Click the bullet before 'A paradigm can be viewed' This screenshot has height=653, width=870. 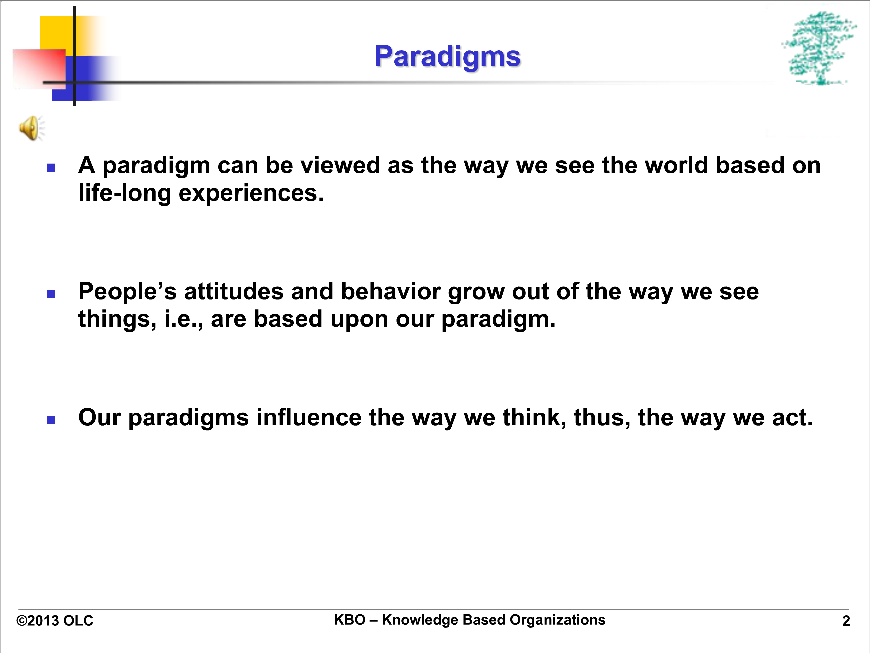point(51,168)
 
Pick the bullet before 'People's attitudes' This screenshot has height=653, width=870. point(51,294)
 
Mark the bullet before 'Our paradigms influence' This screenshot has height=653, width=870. point(51,420)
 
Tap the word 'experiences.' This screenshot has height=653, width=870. point(251,193)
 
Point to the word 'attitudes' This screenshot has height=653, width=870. point(234,291)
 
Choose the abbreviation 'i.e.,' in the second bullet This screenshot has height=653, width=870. point(184,319)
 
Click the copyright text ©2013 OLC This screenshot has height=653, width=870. point(55,621)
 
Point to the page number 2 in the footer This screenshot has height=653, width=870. point(846,621)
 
